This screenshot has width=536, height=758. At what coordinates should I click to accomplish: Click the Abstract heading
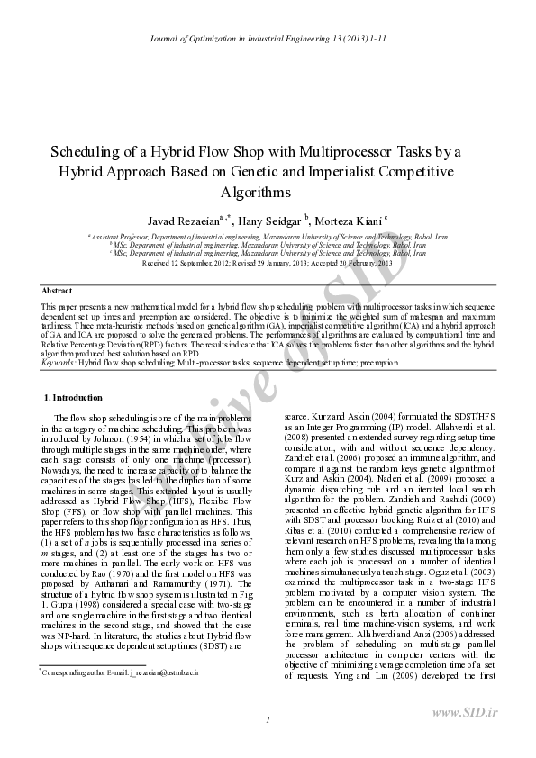[x=57, y=291]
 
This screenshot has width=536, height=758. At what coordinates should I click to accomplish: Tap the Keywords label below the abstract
[x=59, y=362]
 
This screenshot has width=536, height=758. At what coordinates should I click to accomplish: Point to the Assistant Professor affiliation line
[x=268, y=236]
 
